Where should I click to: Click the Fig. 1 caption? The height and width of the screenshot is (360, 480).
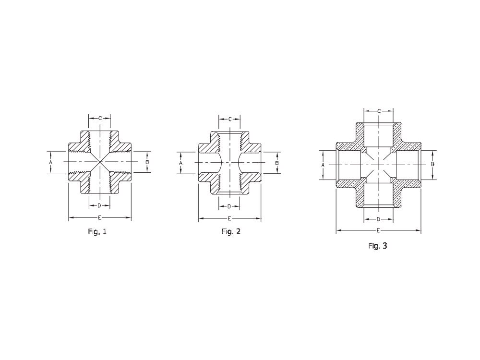(97, 232)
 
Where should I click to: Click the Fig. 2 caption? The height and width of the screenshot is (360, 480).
(231, 232)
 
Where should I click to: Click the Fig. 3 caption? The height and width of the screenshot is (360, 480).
(378, 246)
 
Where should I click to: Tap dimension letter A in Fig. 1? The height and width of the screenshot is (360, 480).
(51, 162)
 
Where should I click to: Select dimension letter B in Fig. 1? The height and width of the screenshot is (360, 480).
(147, 162)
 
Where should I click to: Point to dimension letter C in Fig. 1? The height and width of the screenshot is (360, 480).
(100, 118)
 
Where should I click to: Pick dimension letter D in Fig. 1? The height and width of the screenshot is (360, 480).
(99, 206)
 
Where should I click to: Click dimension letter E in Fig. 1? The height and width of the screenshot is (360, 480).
(99, 217)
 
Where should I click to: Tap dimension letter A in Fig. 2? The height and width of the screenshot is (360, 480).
(180, 163)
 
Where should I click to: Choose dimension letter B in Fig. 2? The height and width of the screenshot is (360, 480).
(277, 163)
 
